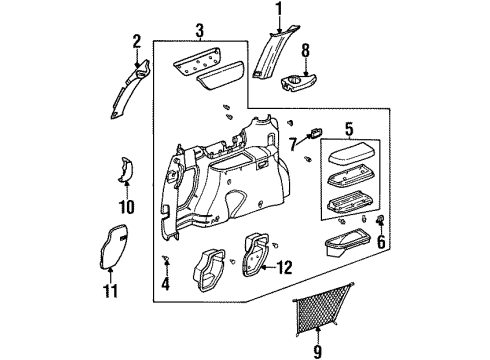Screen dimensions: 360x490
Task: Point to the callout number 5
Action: (349, 128)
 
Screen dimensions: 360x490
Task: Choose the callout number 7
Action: (292, 146)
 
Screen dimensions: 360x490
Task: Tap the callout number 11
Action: (113, 291)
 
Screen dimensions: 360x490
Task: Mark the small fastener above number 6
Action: (381, 220)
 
